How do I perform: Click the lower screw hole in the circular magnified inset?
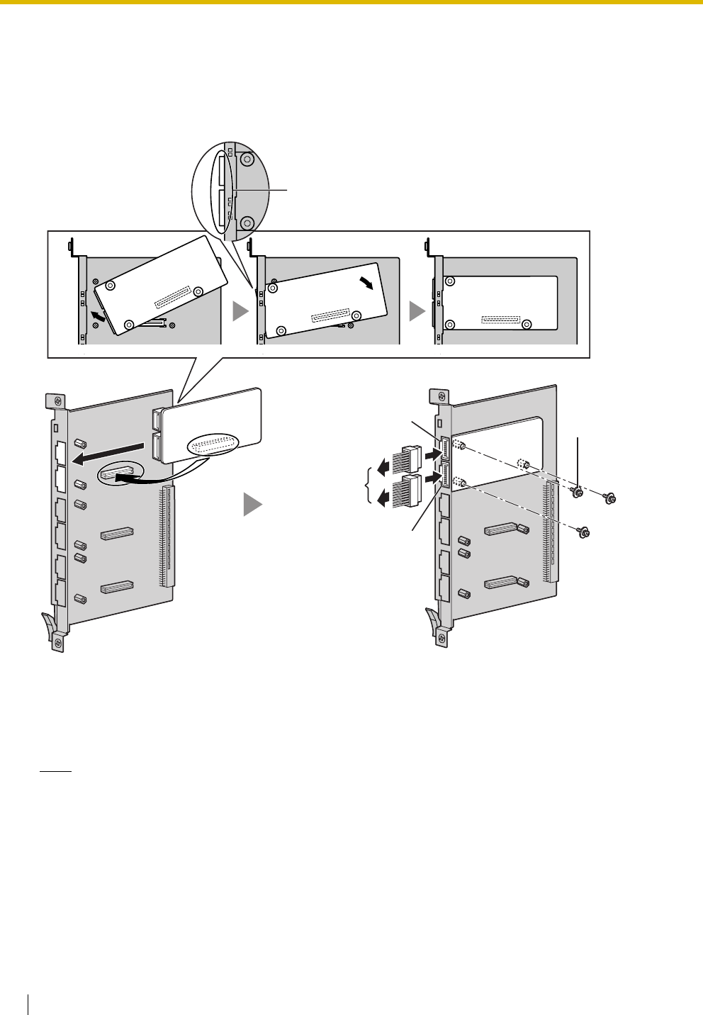tap(247, 223)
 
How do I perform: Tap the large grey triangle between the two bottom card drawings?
tap(253, 505)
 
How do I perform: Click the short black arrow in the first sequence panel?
tap(100, 318)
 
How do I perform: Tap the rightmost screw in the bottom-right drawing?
tap(609, 500)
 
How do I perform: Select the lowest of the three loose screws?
tap(584, 531)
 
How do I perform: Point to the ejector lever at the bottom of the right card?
tap(432, 621)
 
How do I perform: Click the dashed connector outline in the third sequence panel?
tap(500, 321)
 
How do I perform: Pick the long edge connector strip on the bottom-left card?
tap(168, 536)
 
